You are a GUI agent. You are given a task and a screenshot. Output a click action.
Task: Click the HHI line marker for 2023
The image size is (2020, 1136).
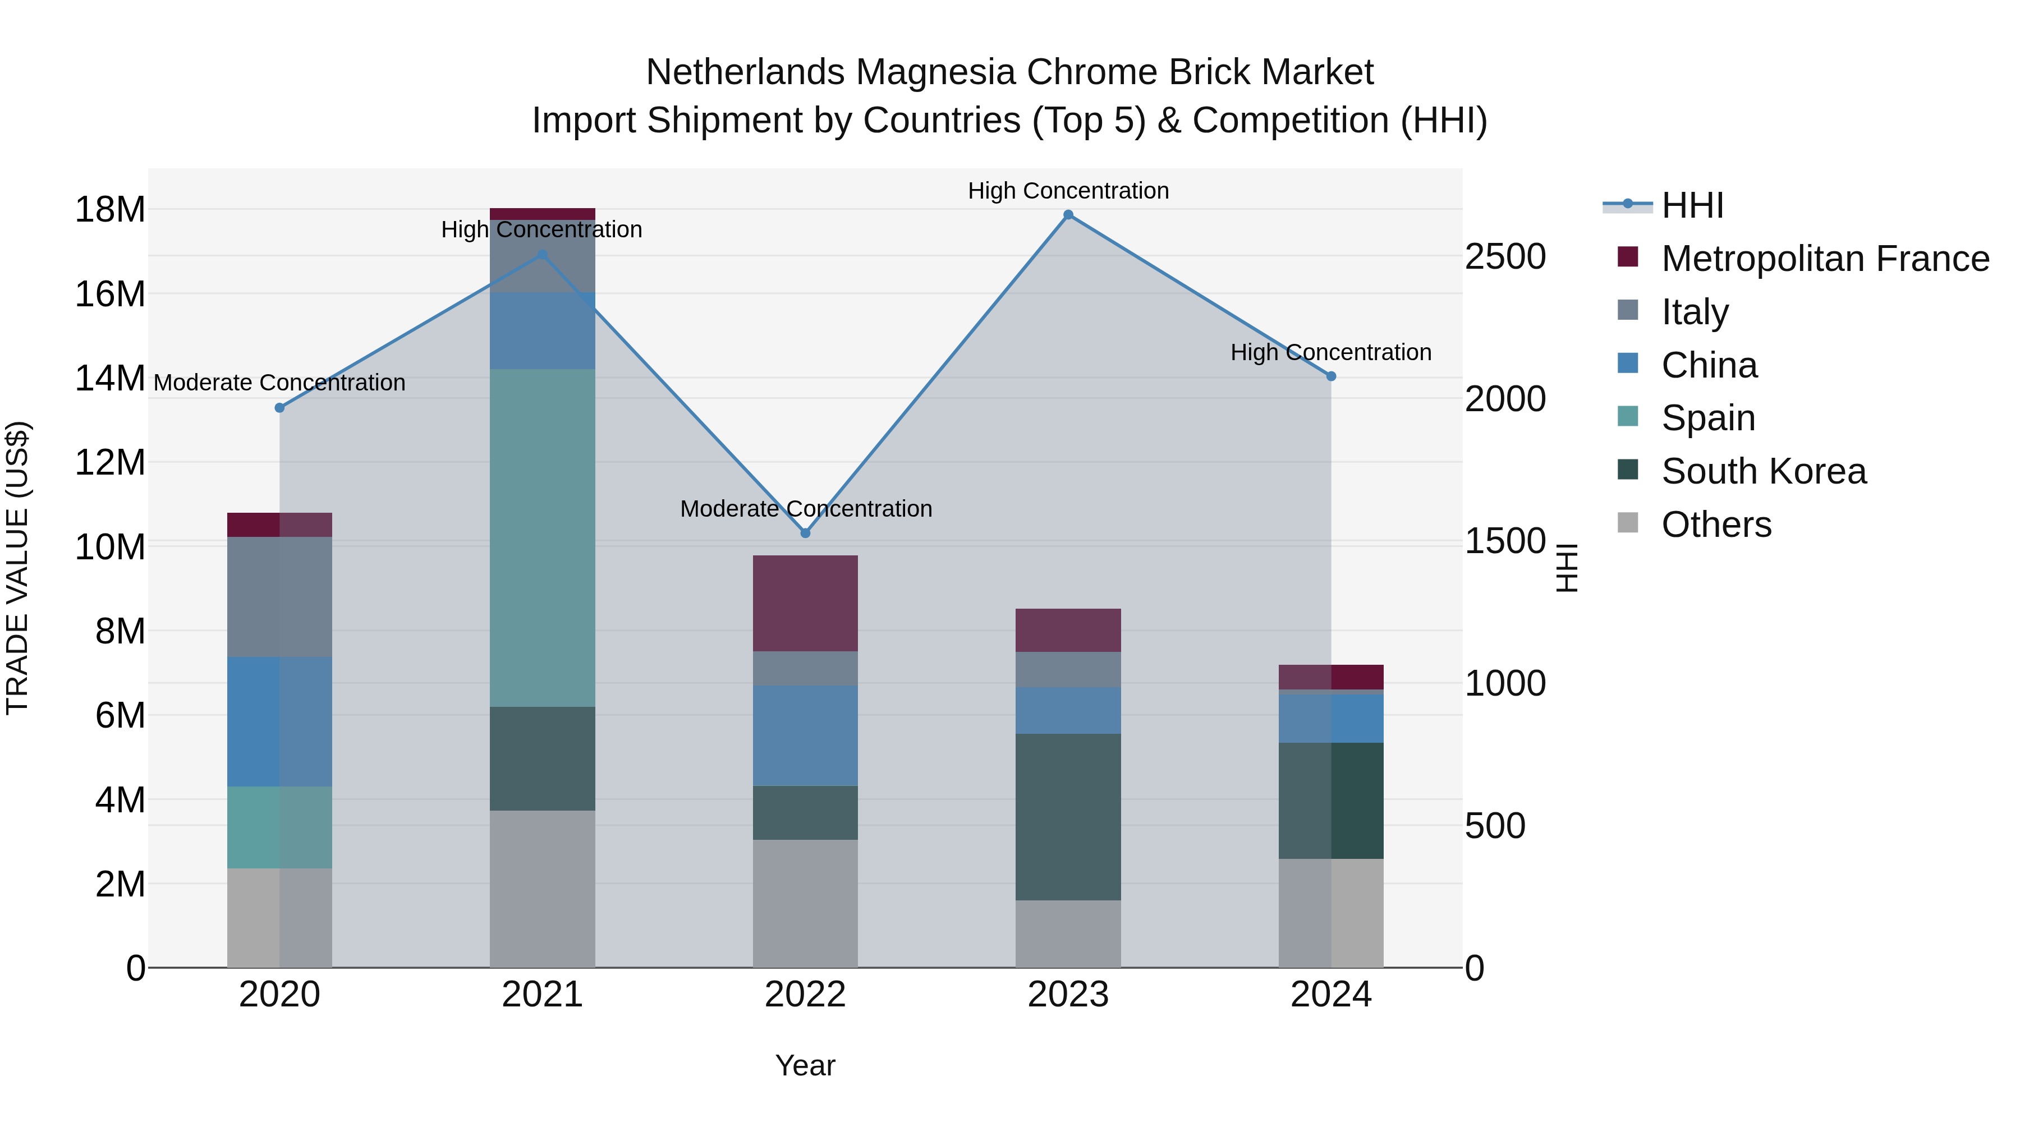click(x=1068, y=215)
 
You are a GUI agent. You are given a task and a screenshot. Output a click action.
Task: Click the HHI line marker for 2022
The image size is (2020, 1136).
click(x=805, y=533)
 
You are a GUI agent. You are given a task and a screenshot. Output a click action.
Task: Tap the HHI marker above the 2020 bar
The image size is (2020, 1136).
click(x=279, y=408)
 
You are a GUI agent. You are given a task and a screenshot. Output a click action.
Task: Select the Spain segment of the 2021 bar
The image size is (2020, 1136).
click(x=542, y=538)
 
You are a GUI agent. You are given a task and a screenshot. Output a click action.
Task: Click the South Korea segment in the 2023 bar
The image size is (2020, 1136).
click(x=1068, y=817)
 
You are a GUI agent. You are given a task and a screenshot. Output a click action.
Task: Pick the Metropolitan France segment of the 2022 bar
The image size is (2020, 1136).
click(x=805, y=603)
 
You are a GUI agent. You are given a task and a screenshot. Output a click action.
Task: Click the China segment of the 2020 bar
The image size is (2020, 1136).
click(x=279, y=721)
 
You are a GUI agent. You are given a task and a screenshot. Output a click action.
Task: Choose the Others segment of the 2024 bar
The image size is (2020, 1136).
click(x=1331, y=913)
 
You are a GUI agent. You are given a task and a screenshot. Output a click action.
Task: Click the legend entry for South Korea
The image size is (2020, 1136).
click(x=1763, y=471)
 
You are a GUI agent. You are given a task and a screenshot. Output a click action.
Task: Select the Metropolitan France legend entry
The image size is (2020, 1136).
click(x=1824, y=259)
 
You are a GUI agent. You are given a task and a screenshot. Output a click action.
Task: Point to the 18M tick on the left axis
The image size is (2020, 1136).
click(x=110, y=210)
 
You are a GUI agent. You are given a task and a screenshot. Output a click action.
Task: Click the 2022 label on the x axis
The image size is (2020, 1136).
click(x=805, y=995)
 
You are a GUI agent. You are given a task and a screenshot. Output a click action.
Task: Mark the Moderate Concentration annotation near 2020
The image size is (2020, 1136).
click(x=279, y=383)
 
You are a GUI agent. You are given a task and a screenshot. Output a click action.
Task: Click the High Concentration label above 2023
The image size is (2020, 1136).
click(x=1068, y=191)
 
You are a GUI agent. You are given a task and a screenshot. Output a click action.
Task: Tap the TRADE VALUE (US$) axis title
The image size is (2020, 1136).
click(x=17, y=568)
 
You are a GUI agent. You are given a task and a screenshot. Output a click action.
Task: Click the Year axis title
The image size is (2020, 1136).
click(x=805, y=1065)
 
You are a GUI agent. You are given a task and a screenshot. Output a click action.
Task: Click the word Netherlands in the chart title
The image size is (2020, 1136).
click(x=745, y=72)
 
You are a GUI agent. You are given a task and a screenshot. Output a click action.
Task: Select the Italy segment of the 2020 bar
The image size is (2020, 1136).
click(x=279, y=597)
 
